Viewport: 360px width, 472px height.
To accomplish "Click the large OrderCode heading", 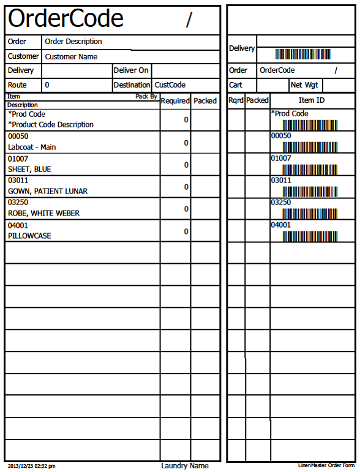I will point(66,20).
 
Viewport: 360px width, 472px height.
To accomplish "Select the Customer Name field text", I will point(71,57).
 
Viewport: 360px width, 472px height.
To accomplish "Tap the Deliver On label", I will point(130,70).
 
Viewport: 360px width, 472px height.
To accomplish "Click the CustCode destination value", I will point(170,85).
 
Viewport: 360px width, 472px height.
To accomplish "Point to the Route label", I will point(17,85).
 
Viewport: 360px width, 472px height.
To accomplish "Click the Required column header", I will point(175,101).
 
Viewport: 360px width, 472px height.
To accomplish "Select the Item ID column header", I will point(311,100).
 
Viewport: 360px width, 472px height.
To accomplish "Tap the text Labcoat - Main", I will point(32,148).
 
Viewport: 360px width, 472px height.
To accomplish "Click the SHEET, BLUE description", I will point(29,170).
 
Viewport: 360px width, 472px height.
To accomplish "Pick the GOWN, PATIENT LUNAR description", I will point(48,192).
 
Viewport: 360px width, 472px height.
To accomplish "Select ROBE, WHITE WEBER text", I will point(43,214).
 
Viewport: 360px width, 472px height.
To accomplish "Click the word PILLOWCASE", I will point(29,236).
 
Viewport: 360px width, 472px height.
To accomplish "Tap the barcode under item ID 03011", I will point(310,192).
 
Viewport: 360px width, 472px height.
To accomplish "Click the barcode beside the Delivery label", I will point(302,54).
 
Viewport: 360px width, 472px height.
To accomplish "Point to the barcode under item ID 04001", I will point(310,236).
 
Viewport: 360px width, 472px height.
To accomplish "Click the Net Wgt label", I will point(304,85).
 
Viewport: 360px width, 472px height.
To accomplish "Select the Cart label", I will point(236,85).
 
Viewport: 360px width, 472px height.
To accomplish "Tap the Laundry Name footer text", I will point(184,466).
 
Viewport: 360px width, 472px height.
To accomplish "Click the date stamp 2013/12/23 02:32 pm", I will point(31,466).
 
